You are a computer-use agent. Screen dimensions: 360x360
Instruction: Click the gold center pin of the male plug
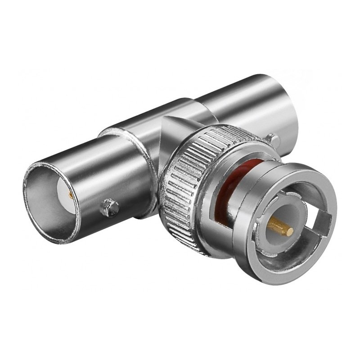click(x=280, y=225)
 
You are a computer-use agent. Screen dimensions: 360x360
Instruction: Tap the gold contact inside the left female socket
click(x=71, y=195)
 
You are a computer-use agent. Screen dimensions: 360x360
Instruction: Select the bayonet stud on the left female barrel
click(x=109, y=207)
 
